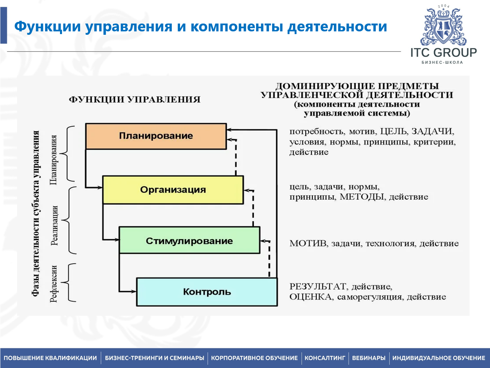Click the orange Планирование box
click(x=156, y=136)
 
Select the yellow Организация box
click(x=173, y=190)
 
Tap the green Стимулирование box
click(x=189, y=241)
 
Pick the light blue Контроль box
click(x=207, y=292)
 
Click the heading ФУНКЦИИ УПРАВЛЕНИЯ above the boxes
click(x=135, y=100)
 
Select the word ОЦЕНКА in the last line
click(x=311, y=297)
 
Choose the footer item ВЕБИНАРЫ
click(x=369, y=358)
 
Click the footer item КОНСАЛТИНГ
click(x=325, y=358)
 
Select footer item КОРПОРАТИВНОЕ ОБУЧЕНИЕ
click(x=254, y=358)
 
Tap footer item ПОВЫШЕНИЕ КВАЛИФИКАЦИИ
click(x=50, y=358)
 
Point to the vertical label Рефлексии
click(x=54, y=283)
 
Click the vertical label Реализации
click(x=54, y=225)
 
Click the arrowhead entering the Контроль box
click(x=134, y=291)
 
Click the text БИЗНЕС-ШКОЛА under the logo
click(x=442, y=62)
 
